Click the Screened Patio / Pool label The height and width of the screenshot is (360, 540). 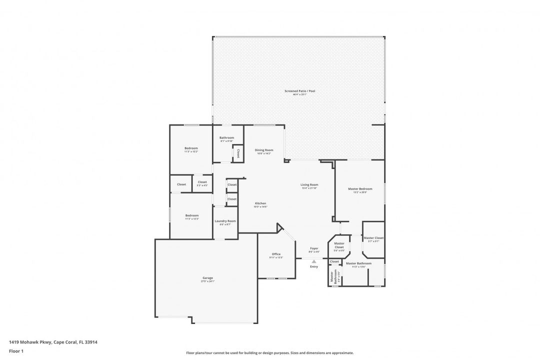click(x=300, y=91)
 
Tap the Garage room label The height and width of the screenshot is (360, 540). click(x=207, y=278)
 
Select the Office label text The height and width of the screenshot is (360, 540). click(x=276, y=254)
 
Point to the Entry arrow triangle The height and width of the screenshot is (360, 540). click(x=314, y=261)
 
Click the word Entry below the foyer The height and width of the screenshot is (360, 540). click(x=314, y=266)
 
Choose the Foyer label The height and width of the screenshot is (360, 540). click(x=314, y=248)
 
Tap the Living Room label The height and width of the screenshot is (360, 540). click(x=309, y=184)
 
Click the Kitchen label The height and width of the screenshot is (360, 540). click(x=260, y=203)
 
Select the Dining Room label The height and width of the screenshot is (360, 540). click(x=263, y=150)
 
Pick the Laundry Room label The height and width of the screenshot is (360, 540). click(x=225, y=221)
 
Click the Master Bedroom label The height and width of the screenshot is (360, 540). click(x=360, y=188)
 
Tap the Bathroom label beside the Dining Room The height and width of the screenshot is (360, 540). click(x=227, y=137)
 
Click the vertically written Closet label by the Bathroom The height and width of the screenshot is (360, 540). click(x=238, y=153)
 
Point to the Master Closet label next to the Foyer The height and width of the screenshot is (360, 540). click(x=339, y=245)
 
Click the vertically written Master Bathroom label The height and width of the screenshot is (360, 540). click(x=331, y=278)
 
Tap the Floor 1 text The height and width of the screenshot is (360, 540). click(x=16, y=351)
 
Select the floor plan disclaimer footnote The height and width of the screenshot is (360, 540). click(x=269, y=352)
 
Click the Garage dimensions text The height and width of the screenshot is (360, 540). click(x=207, y=281)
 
